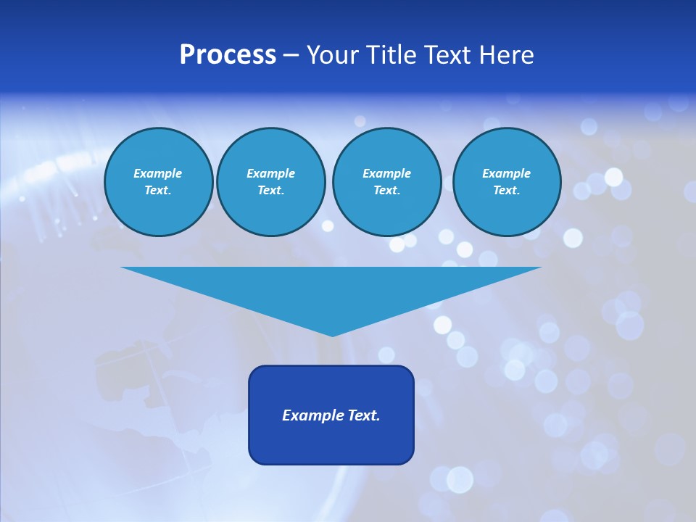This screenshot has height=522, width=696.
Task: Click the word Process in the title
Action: tap(228, 55)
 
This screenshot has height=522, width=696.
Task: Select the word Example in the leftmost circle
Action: tap(158, 173)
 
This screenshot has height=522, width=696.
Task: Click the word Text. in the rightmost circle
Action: tap(506, 190)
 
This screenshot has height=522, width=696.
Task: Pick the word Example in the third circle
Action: tap(386, 173)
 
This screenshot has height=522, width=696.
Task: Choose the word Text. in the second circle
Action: tap(270, 190)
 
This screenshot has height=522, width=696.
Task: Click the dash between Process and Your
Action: tap(291, 55)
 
